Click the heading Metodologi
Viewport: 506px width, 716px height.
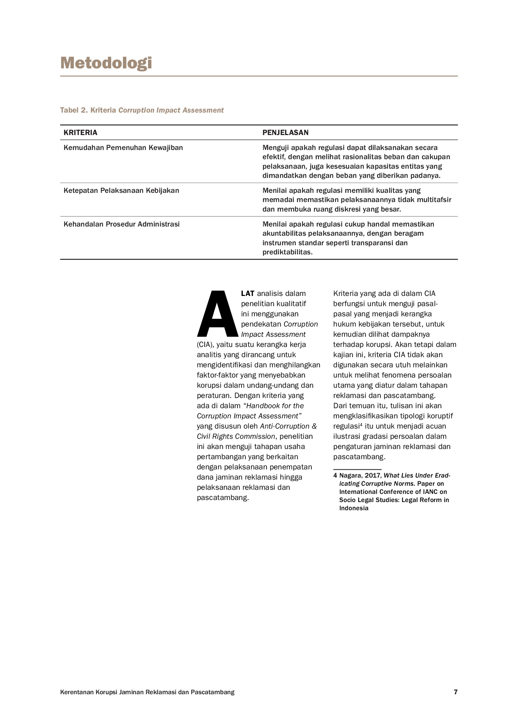[x=106, y=63]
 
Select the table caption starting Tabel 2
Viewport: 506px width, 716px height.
[x=142, y=110]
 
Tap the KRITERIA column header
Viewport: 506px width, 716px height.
[x=80, y=133]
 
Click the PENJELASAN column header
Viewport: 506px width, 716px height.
[x=285, y=133]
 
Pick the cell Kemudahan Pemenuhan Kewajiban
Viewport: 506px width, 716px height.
[x=123, y=148]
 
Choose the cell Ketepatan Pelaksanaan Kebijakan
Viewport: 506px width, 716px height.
[x=121, y=190]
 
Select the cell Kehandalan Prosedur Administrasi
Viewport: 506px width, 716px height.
[x=121, y=224]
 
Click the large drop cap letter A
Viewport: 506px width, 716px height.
[x=217, y=313]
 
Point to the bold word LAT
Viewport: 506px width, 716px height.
[x=248, y=294]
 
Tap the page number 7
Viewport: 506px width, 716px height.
[x=456, y=692]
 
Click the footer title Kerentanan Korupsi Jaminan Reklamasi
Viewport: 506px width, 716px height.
[x=147, y=692]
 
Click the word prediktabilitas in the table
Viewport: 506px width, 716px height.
[x=287, y=252]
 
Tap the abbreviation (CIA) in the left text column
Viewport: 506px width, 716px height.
[x=205, y=345]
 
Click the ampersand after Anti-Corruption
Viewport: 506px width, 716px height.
[x=314, y=426]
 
